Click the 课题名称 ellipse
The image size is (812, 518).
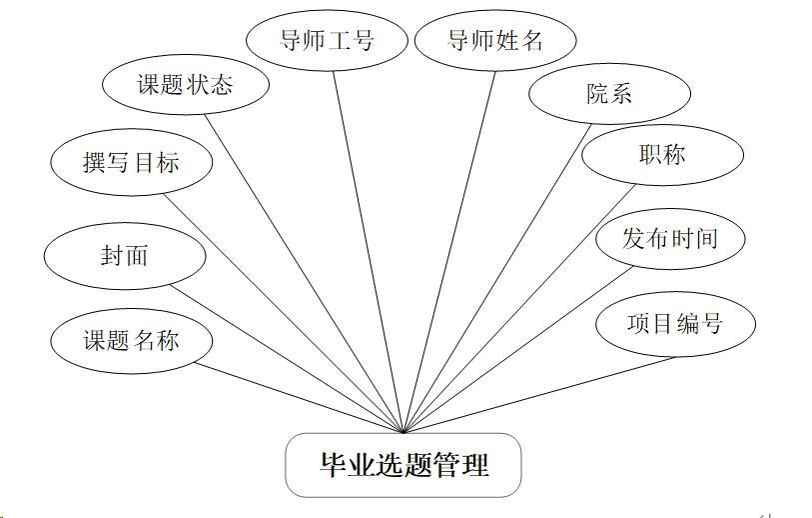(131, 340)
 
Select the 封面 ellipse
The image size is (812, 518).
(125, 256)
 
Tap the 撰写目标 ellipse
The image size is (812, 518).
(131, 163)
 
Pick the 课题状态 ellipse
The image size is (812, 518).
(185, 85)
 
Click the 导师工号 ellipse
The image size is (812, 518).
(326, 41)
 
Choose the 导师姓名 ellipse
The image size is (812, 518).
(495, 41)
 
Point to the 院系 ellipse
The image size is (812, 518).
(609, 95)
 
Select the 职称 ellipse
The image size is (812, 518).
(662, 155)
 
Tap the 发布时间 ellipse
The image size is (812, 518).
(670, 239)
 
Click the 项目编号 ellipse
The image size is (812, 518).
(675, 324)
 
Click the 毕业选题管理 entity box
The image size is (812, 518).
(404, 465)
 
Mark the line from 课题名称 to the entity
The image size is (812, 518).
(300, 397)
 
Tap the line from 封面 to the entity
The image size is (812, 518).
(285, 358)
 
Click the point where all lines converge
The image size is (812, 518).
(403, 432)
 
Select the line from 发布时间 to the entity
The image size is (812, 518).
(519, 348)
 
